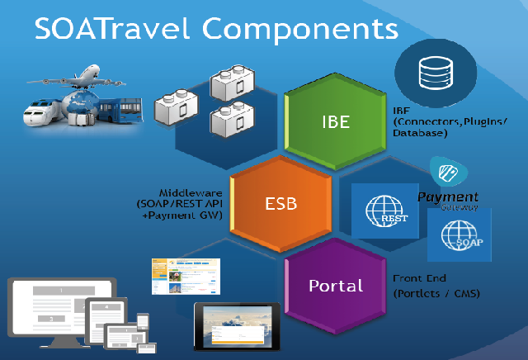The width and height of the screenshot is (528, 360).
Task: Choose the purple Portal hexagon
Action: [335, 286]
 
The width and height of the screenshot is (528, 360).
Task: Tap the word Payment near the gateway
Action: [448, 197]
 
